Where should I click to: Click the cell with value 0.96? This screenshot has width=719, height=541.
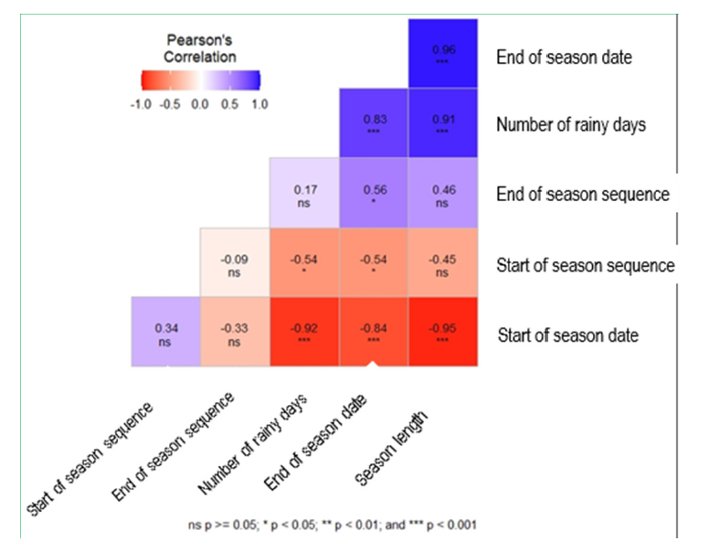point(443,53)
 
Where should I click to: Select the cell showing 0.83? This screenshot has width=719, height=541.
point(373,123)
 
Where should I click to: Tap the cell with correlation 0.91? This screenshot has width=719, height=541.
point(443,123)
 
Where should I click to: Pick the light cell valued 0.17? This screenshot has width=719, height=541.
point(303,193)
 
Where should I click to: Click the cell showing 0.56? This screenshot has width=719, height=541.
point(373,193)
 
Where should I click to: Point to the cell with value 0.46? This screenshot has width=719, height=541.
point(443,193)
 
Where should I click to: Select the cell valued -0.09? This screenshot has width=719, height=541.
point(234,262)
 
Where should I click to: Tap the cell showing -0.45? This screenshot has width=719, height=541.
point(443,262)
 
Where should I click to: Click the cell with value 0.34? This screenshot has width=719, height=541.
point(165,332)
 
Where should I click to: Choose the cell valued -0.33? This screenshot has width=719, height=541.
point(234,332)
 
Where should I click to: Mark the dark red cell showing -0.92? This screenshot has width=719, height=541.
point(303,332)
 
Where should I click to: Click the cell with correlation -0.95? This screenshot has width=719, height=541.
point(443,332)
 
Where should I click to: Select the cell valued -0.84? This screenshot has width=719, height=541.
point(373,332)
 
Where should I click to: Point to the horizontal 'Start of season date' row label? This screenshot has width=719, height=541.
point(567,335)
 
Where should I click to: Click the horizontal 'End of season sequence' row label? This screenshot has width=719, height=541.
point(583,195)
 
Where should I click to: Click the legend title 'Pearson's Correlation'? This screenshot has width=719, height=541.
point(201,48)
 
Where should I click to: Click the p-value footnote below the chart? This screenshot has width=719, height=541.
point(333,525)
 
